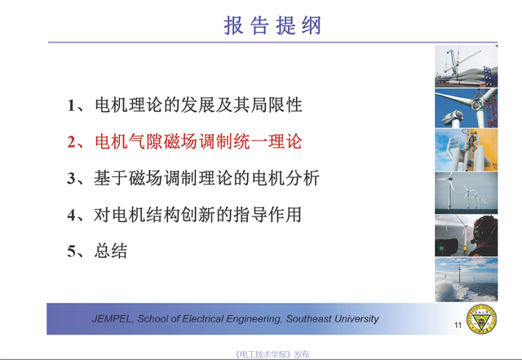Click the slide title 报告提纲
272,25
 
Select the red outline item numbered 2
185,141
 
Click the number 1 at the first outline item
71,105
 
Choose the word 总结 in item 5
111,251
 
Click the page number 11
458,325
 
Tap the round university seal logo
481,319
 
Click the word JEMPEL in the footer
113,319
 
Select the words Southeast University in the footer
333,319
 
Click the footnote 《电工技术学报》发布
272,354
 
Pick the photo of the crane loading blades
466,66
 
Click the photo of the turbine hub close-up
466,109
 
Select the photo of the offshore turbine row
466,193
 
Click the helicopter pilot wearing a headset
484,235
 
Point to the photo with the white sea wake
466,279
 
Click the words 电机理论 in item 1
129,105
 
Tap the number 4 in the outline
72,215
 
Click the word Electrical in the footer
203,319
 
